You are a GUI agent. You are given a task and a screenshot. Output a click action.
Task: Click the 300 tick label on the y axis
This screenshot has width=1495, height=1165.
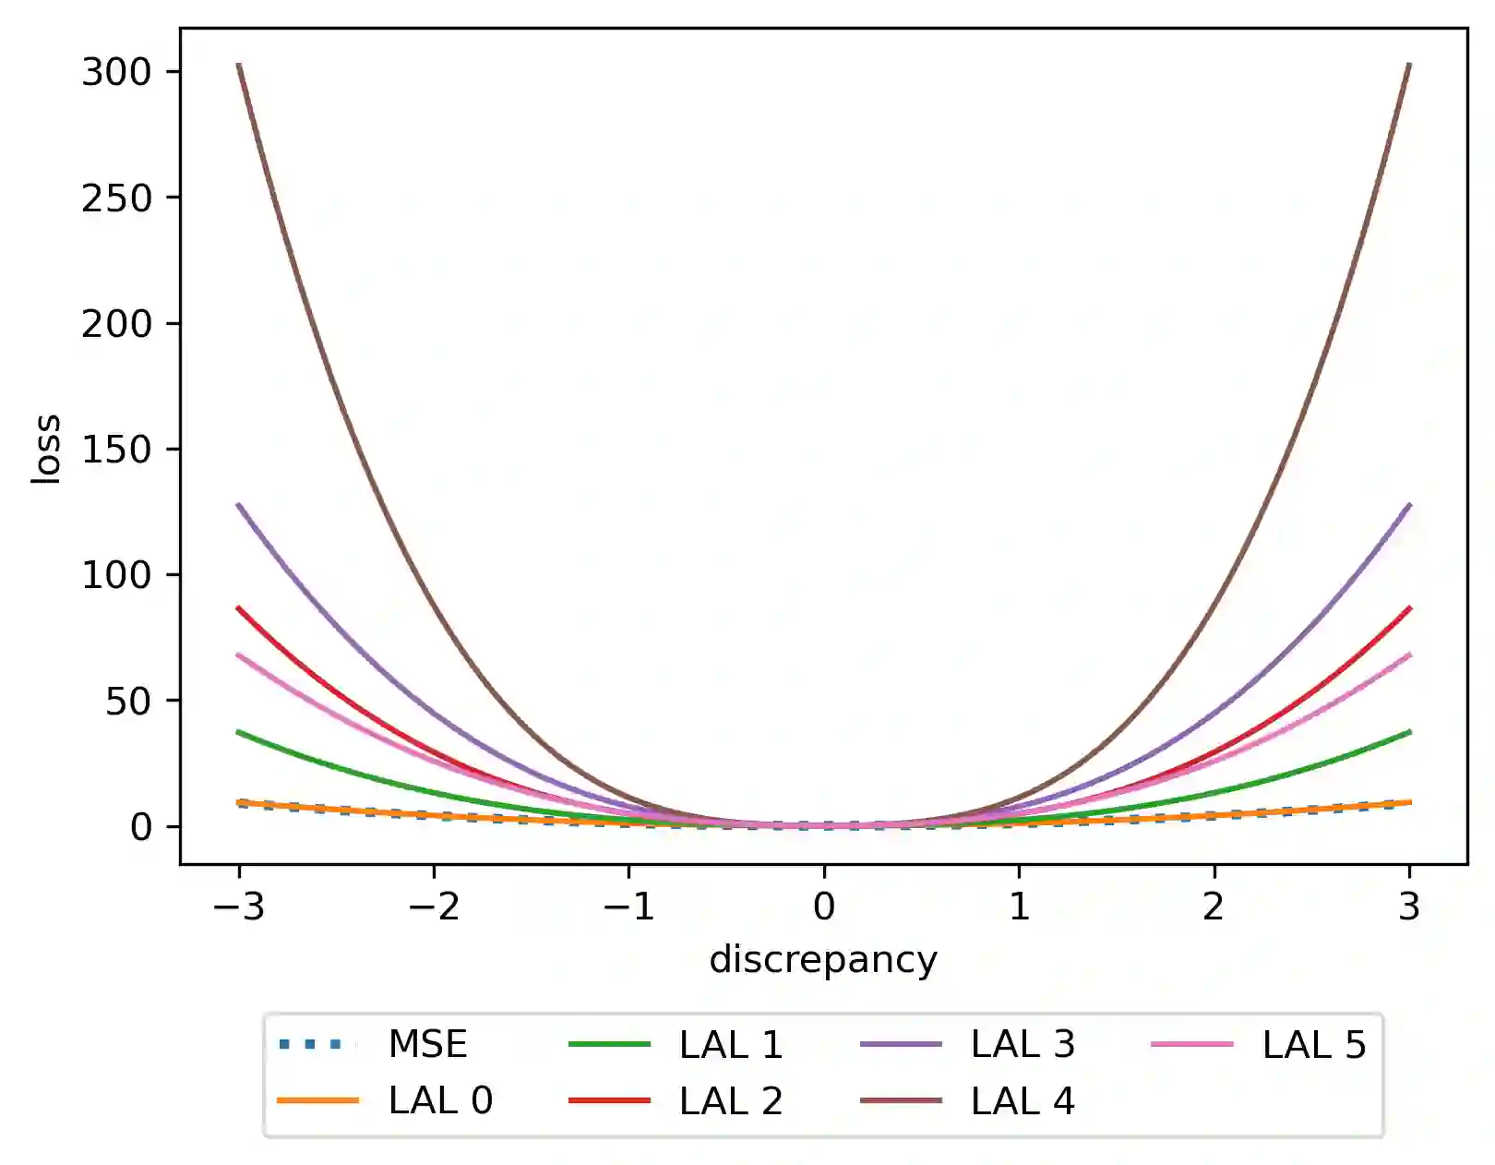pos(116,72)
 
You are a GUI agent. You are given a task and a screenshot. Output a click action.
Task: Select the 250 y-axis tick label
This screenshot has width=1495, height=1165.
pos(116,198)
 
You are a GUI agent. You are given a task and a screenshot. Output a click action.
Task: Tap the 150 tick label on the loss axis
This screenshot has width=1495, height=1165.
pos(116,450)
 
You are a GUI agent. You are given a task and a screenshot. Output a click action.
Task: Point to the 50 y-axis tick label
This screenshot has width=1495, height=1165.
pos(128,702)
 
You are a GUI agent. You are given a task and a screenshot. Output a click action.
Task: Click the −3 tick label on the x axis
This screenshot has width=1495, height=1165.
pos(239,907)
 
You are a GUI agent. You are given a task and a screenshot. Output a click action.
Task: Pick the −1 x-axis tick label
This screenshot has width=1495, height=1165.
pos(628,907)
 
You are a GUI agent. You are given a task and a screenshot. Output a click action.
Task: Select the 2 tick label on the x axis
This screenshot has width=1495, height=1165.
pos(1214,907)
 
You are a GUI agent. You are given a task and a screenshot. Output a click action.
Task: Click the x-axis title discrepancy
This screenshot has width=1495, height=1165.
pos(823,960)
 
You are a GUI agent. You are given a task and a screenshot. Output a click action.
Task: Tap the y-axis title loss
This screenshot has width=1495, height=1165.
pos(46,449)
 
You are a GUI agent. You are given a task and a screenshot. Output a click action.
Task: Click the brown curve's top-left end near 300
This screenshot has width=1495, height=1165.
pos(240,66)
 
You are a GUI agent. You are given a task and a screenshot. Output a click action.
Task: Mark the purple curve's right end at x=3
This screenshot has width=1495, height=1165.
pos(1408,506)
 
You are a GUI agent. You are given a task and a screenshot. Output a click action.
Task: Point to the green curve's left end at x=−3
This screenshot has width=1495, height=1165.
pos(240,732)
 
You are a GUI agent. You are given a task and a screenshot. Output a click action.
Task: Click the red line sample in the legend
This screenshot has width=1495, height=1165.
pos(609,1100)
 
